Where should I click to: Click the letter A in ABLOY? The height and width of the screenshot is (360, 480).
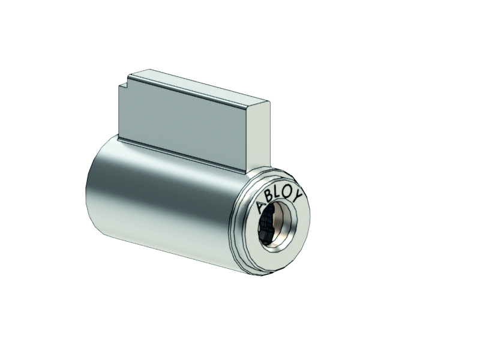(x=260, y=207)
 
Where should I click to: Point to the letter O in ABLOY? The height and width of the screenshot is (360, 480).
(x=287, y=192)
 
